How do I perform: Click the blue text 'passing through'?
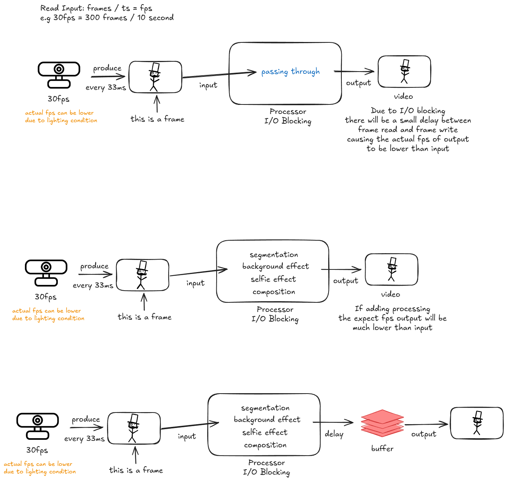[290, 72]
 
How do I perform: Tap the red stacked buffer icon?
[382, 423]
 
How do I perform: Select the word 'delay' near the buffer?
[334, 434]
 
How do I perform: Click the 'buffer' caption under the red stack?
[382, 448]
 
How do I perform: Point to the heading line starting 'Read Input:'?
[96, 8]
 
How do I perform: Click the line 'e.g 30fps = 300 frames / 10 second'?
[107, 18]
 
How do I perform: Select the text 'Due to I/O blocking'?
[408, 111]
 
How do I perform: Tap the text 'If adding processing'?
[392, 309]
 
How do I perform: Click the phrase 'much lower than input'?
[392, 328]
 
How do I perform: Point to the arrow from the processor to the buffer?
[333, 422]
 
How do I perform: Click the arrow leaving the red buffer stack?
[426, 425]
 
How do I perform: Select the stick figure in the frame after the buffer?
[477, 423]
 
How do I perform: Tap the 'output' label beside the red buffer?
[423, 434]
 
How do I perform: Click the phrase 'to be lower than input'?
[408, 149]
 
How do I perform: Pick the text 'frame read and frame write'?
[408, 130]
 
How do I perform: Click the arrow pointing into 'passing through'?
[219, 74]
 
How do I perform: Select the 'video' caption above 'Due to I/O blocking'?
[403, 97]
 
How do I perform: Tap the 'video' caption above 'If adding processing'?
[391, 294]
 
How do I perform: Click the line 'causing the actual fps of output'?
[408, 139]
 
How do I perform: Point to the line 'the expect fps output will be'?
[392, 318]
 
